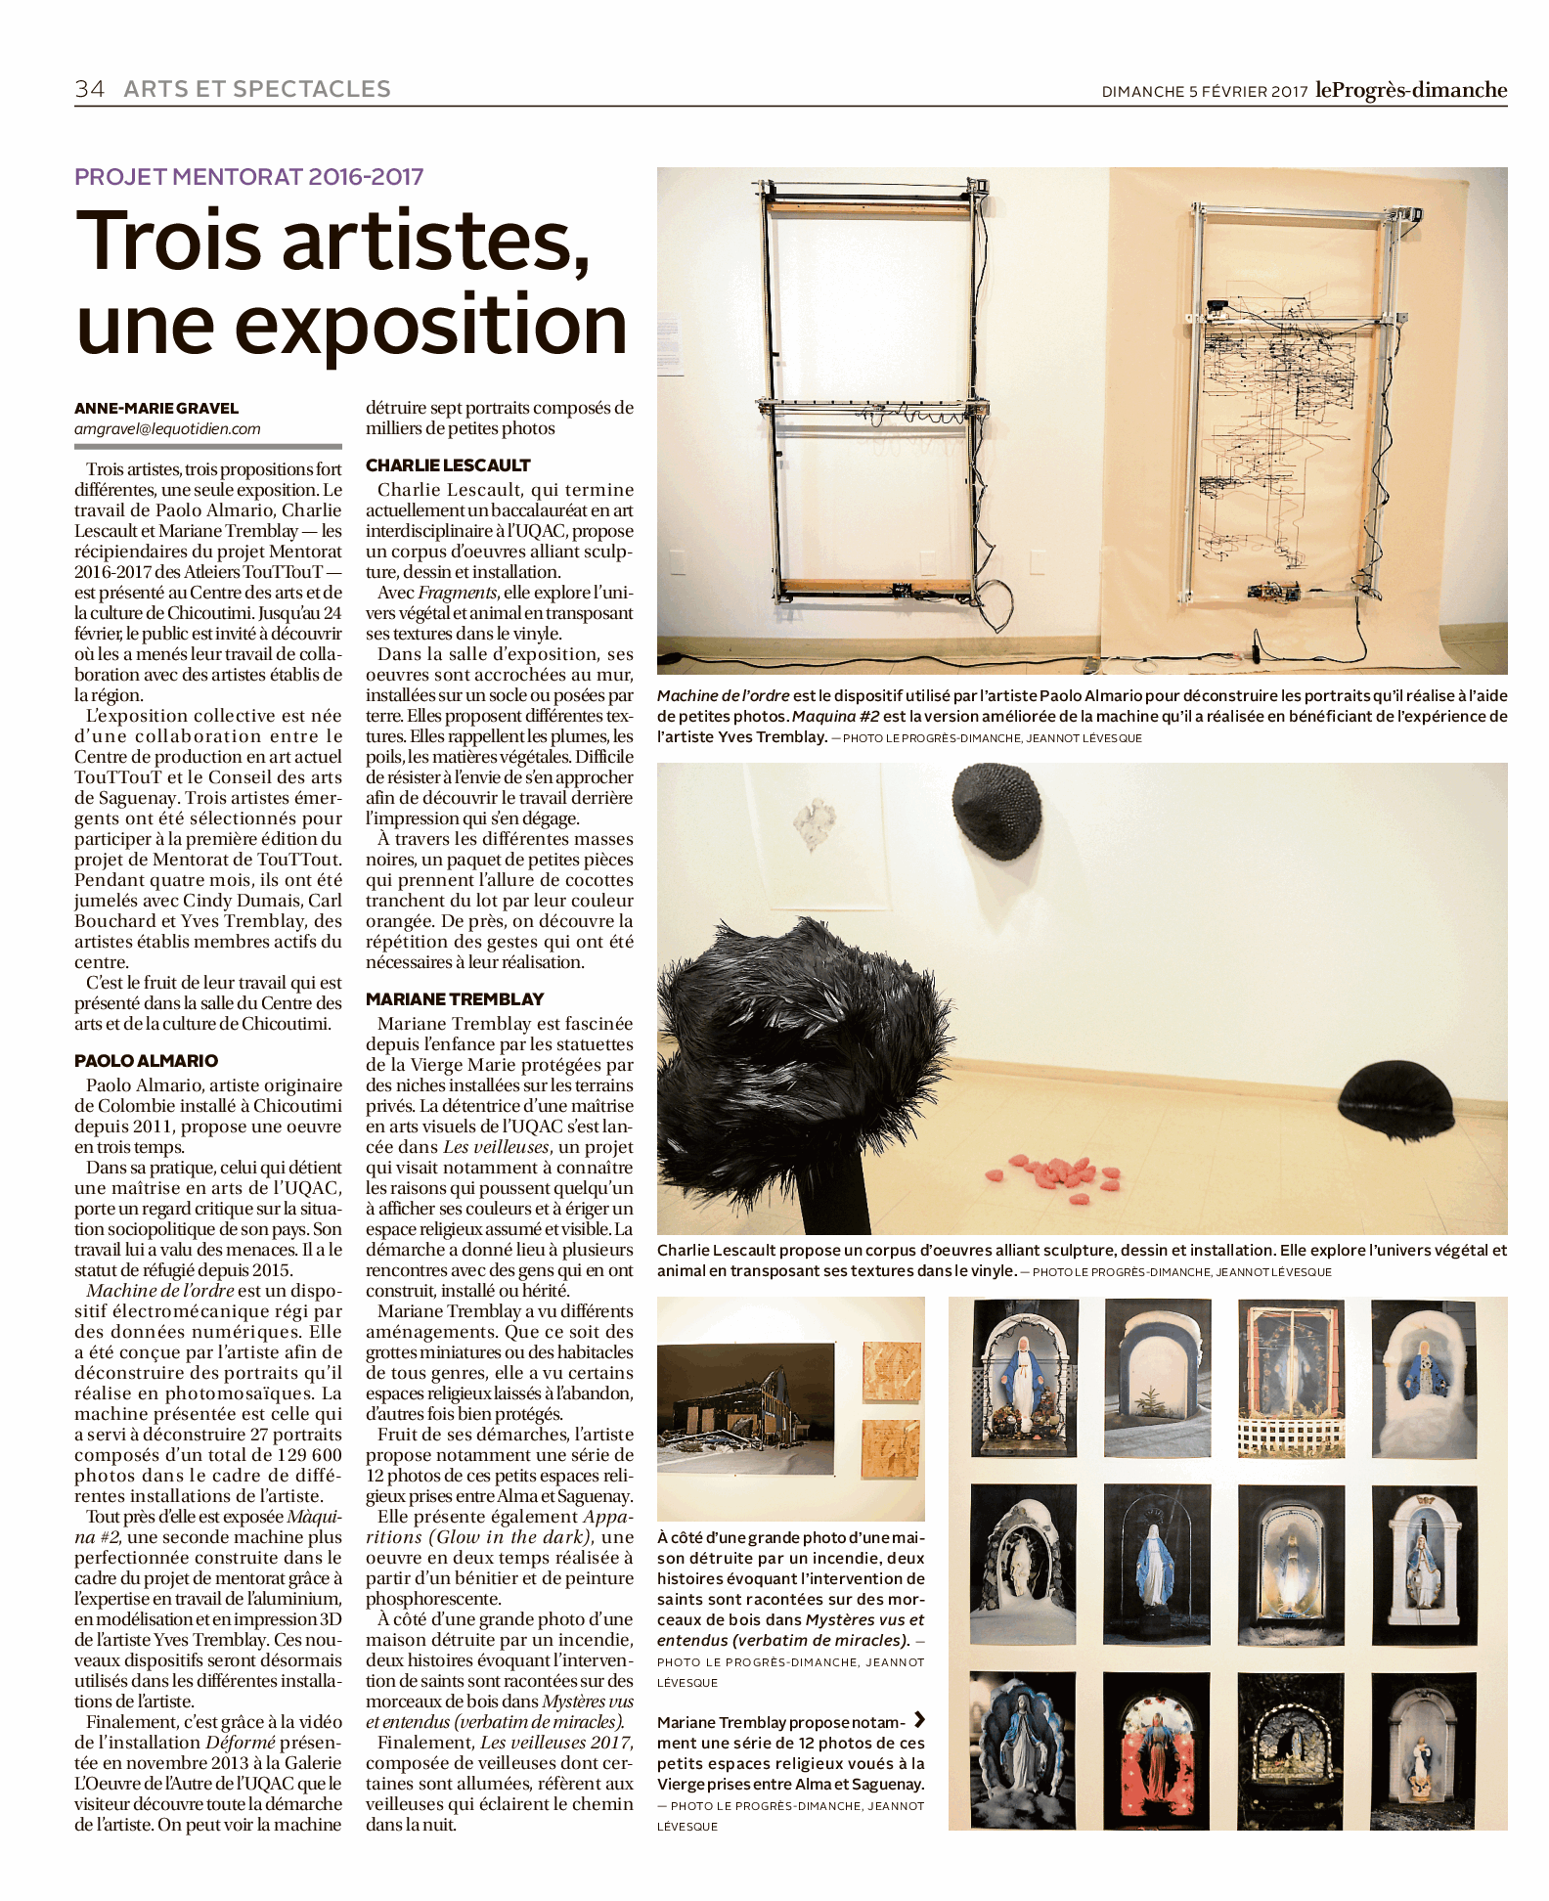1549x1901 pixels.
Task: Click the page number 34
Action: point(89,89)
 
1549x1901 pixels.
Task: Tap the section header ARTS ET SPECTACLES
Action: point(257,89)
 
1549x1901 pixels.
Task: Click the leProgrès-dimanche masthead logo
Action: point(1410,90)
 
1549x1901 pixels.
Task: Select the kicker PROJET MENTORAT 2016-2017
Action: point(249,177)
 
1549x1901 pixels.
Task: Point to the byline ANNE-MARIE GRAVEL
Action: point(156,408)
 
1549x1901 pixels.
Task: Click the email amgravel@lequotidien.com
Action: point(167,428)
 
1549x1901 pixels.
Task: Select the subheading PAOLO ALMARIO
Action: point(146,1060)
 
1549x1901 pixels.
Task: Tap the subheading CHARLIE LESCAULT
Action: point(448,464)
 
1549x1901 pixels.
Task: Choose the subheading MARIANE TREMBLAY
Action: point(455,998)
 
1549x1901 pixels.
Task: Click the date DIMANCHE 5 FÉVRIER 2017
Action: point(1204,92)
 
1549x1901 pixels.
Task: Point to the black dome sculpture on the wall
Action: point(996,811)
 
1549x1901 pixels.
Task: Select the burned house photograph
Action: point(745,1407)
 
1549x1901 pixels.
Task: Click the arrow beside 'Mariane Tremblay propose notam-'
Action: point(918,1720)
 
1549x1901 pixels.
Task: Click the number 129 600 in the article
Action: point(295,1454)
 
